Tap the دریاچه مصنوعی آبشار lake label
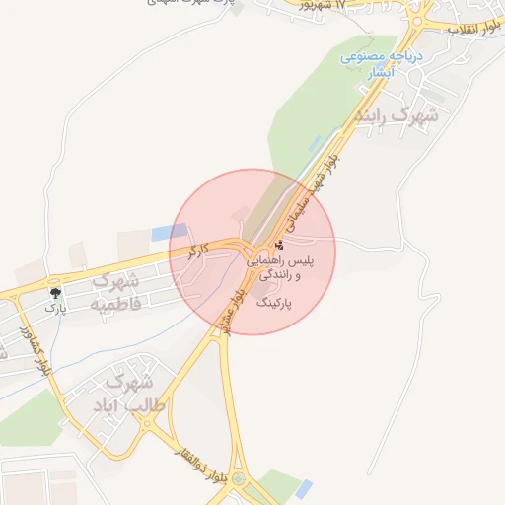[382, 64]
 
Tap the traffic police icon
[280, 244]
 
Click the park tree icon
[55, 293]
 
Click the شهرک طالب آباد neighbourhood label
[145, 393]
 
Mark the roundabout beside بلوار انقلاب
[418, 20]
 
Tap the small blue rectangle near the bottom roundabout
[302, 488]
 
